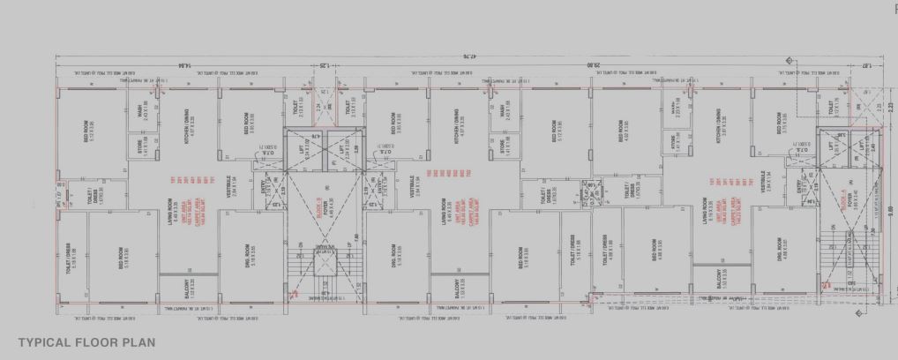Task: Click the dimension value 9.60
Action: [890, 210]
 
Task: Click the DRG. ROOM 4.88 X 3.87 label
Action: [782, 253]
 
